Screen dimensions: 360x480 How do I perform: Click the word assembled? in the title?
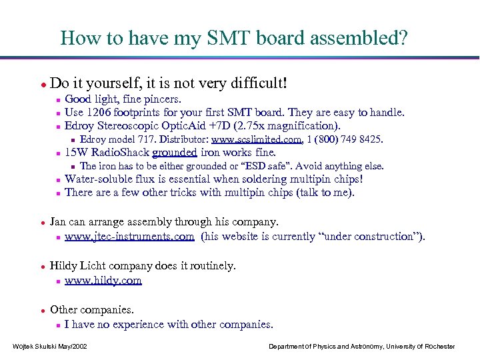pos(365,38)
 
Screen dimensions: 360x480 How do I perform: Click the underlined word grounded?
pos(174,152)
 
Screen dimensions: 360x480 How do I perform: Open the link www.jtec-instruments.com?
pos(129,236)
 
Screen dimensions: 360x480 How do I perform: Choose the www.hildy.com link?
pos(103,280)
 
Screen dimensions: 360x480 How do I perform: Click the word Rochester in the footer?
pos(433,346)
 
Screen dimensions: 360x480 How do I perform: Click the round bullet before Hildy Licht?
pos(43,266)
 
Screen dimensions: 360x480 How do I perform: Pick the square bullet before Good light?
pos(58,99)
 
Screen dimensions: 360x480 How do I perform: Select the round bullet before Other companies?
pos(43,310)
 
